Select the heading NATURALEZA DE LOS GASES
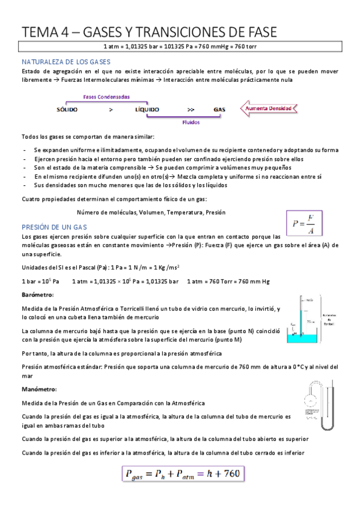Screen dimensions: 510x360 point(66,62)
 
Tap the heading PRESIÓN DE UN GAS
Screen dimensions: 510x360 point(54,227)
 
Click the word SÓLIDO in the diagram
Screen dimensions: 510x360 point(67,109)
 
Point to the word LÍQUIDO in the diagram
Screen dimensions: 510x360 point(147,109)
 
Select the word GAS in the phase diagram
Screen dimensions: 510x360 point(219,109)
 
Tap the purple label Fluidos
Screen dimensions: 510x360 point(192,121)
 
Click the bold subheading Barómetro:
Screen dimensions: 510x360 point(37,295)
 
